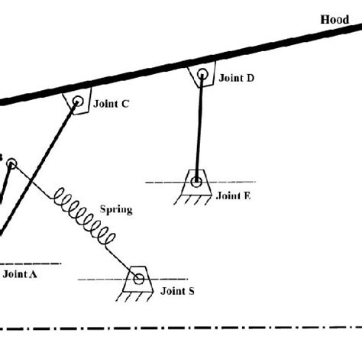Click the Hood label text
tap(335, 20)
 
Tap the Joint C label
tap(112, 104)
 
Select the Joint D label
tap(237, 78)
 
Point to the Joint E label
tap(234, 196)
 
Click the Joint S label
tap(177, 291)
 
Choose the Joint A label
tap(20, 274)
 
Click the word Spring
tap(116, 210)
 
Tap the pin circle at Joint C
tap(78, 102)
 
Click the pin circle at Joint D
tap(202, 75)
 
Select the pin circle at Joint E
tap(196, 182)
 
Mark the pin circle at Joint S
tap(139, 279)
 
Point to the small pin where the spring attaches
tap(11, 163)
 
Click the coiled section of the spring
tap(85, 216)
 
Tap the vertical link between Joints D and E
tap(199, 128)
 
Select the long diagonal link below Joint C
tap(38, 169)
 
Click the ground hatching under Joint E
tap(192, 200)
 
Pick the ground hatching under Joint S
tap(134, 297)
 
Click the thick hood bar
tap(181, 64)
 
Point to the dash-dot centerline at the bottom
tap(181, 328)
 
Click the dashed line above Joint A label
tap(31, 263)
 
